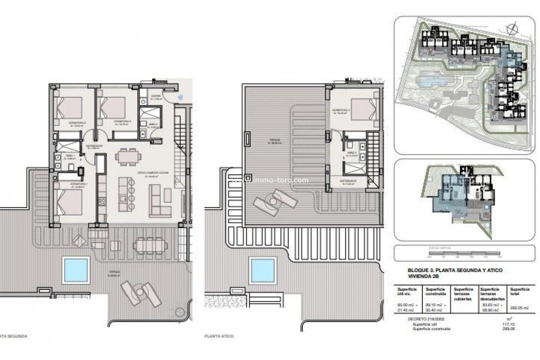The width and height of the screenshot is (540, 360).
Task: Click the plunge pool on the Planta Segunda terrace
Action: pos(76,269)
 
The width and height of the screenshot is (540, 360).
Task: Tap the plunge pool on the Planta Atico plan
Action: pos(262,271)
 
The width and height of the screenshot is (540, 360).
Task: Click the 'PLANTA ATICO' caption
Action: pos(219,336)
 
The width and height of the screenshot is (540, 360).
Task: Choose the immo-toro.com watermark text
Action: pos(281,180)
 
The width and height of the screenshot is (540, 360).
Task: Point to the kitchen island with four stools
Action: pos(125,192)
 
